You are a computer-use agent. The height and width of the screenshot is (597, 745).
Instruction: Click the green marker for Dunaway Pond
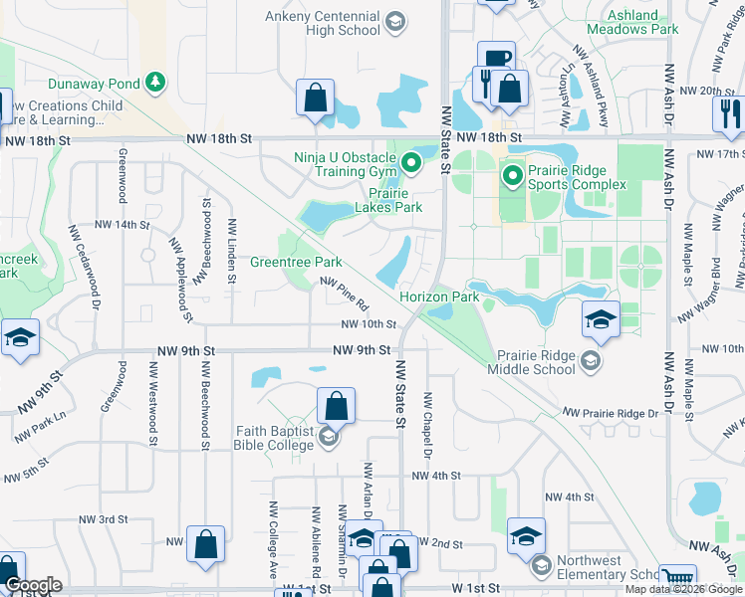(154, 81)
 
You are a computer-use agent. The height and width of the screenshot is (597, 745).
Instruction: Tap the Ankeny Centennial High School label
(324, 23)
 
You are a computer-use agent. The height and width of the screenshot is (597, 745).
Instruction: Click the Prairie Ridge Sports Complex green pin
(513, 178)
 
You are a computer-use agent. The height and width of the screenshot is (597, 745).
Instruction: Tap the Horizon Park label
(439, 297)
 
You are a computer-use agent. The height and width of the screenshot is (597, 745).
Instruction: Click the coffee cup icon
(495, 57)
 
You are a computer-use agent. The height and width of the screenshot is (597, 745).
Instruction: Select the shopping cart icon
(677, 576)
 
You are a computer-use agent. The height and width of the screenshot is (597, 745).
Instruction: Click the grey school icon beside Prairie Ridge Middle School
(591, 360)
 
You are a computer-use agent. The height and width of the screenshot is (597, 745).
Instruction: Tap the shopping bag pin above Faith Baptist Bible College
(336, 405)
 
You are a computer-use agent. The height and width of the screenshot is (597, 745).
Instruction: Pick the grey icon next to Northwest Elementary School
(541, 566)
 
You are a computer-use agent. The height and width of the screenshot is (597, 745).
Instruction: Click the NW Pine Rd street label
(345, 292)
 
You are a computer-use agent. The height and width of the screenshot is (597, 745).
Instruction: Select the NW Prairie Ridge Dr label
(611, 412)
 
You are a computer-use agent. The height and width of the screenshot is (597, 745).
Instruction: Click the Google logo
(34, 585)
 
